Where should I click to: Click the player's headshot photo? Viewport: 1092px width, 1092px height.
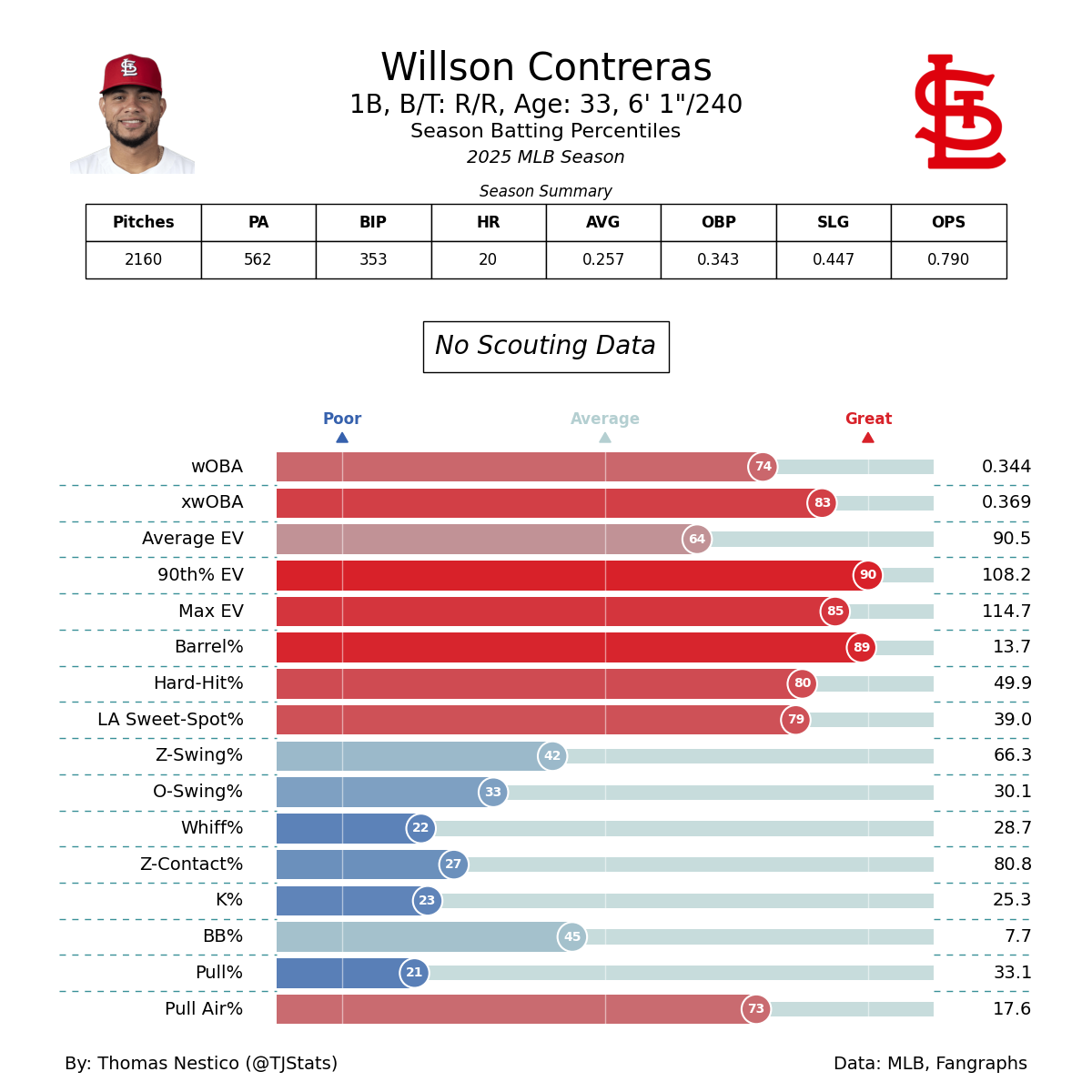[x=132, y=114]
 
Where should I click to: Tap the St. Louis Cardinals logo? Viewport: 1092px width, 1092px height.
[x=959, y=112]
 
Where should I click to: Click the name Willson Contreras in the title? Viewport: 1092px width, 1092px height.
[x=546, y=68]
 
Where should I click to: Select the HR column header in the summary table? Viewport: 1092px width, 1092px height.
[x=488, y=222]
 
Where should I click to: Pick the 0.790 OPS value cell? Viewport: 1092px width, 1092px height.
[x=948, y=259]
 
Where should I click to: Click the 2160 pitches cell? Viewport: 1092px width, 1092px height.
[x=143, y=259]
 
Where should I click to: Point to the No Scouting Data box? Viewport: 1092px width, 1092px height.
[x=546, y=347]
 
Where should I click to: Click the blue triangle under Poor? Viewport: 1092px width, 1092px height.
[x=342, y=438]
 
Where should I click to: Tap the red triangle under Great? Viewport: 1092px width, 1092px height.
[x=868, y=438]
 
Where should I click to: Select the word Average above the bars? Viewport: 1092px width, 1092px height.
[x=605, y=419]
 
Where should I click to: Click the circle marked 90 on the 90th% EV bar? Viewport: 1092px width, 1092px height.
[x=868, y=575]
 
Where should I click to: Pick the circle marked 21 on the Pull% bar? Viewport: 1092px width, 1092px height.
[x=414, y=973]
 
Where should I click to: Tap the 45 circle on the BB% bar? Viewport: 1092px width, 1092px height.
[x=572, y=936]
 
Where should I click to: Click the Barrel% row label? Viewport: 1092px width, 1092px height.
[x=209, y=647]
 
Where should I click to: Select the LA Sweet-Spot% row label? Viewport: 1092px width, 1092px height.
[x=170, y=720]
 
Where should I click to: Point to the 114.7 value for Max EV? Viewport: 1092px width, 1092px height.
[x=1006, y=612]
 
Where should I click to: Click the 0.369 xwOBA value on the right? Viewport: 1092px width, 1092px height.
[x=1006, y=502]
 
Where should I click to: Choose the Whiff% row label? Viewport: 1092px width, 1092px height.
[x=212, y=828]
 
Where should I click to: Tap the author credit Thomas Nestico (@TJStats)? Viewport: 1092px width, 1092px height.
[x=201, y=1064]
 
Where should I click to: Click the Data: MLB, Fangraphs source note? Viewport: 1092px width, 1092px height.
[x=930, y=1064]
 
